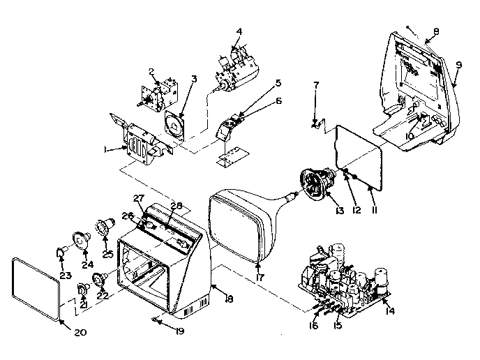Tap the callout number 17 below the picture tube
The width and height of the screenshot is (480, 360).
click(x=259, y=278)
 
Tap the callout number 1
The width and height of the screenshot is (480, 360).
click(x=107, y=149)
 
